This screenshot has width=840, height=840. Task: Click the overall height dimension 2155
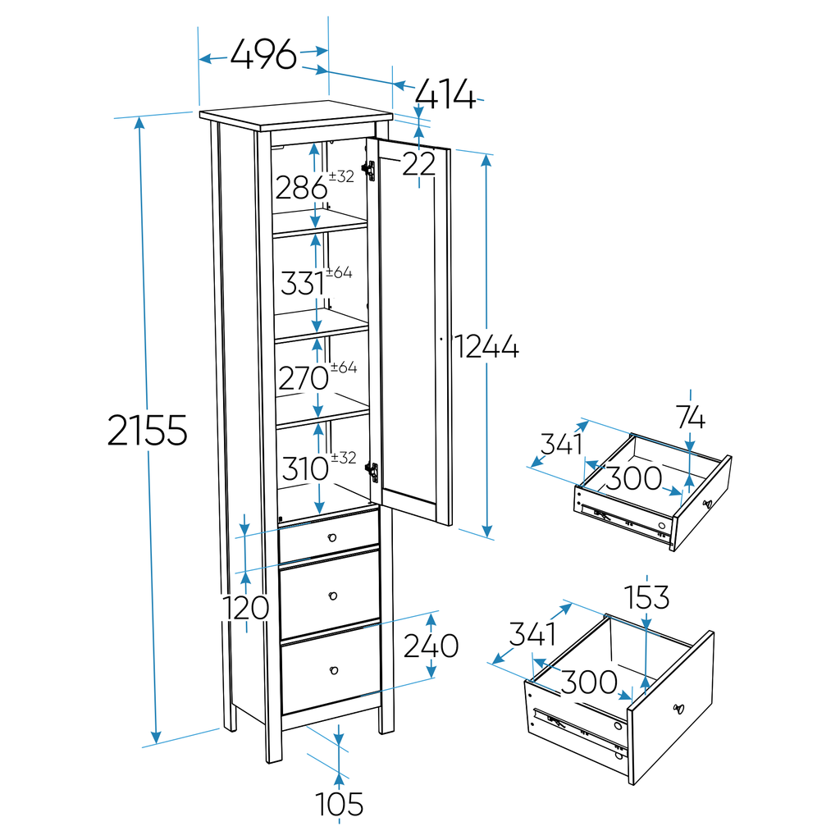[148, 430]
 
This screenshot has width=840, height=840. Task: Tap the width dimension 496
[262, 56]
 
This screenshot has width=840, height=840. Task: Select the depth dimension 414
[445, 95]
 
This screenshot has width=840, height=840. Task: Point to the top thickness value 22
[418, 164]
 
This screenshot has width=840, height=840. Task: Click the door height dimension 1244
[487, 347]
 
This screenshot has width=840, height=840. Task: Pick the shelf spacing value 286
[301, 189]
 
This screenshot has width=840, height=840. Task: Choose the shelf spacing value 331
[303, 284]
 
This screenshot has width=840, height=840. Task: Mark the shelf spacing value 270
[304, 379]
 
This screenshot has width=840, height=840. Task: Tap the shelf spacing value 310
[305, 470]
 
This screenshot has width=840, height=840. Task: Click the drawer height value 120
[247, 608]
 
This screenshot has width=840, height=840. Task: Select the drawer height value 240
[431, 646]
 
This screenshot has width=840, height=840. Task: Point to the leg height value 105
[340, 804]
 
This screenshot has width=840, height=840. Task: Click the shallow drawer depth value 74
[691, 418]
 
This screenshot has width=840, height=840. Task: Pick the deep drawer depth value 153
[646, 598]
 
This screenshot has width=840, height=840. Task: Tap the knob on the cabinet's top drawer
[332, 536]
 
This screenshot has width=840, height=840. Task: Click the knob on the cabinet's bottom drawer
[335, 672]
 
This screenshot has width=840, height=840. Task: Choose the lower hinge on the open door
[372, 472]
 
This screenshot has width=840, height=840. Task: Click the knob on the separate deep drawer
[678, 709]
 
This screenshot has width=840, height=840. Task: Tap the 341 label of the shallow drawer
[561, 445]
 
